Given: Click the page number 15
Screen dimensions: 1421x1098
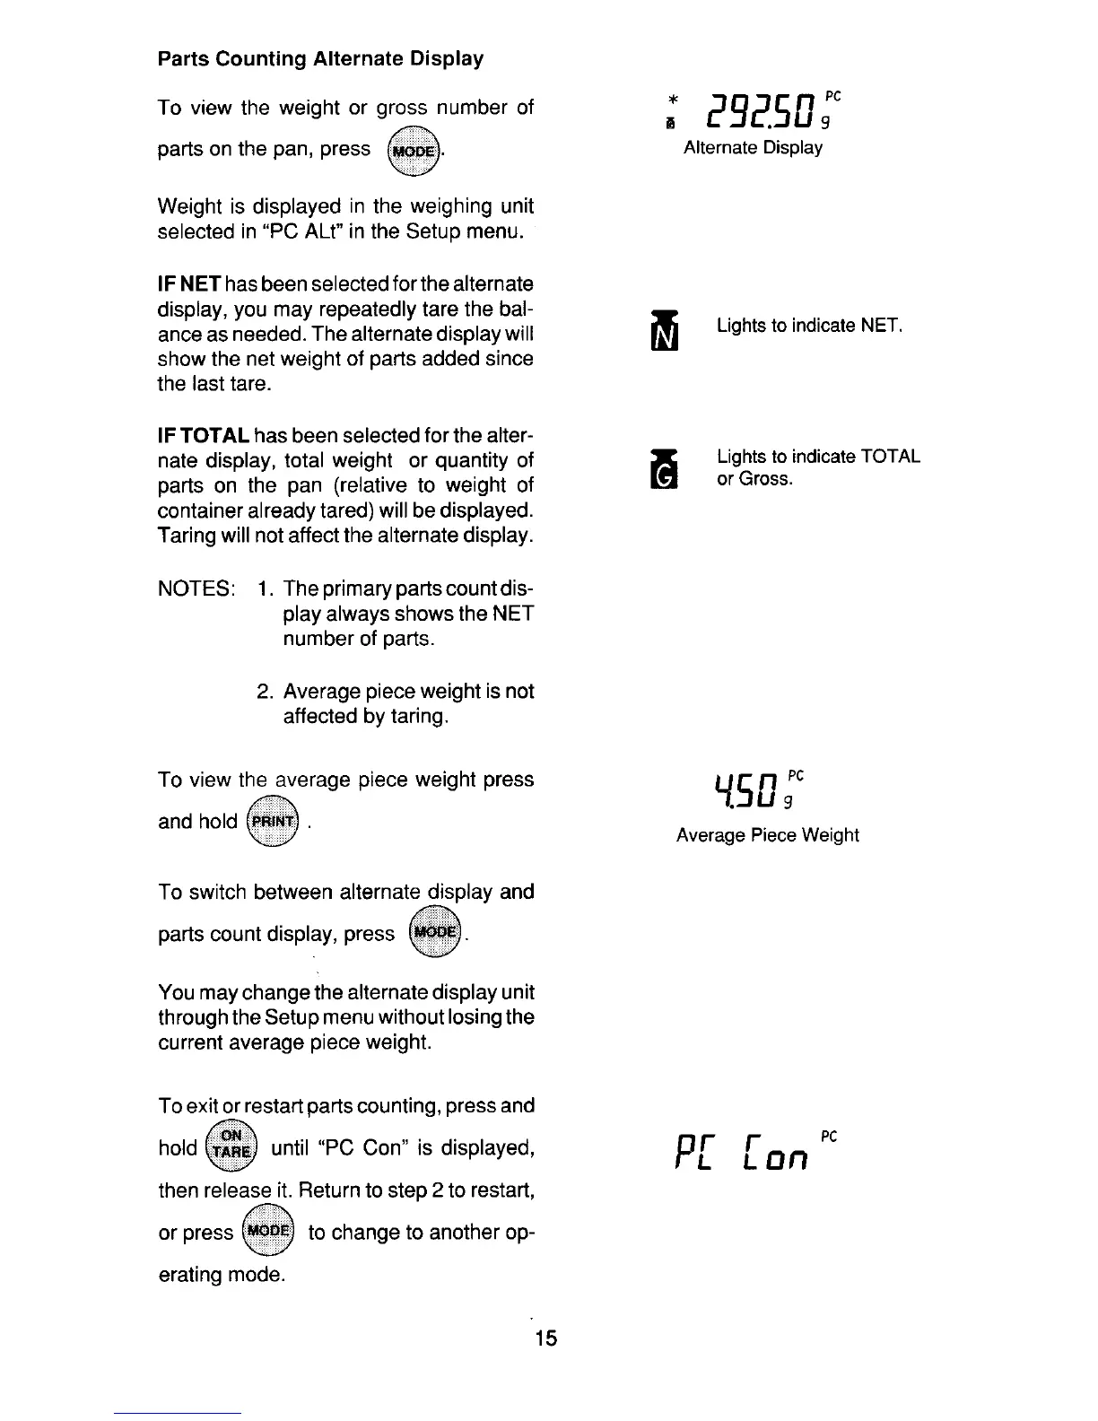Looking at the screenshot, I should tap(545, 1338).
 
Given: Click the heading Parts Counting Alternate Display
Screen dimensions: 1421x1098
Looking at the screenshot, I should tap(320, 59).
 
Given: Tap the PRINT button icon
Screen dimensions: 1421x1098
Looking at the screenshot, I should tap(273, 822).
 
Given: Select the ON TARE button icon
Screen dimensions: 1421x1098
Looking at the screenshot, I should tap(231, 1147).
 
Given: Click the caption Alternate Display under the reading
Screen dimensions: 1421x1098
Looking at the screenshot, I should tap(753, 148).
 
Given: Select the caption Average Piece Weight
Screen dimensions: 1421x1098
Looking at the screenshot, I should tap(767, 836).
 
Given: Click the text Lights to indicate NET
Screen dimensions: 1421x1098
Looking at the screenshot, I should tap(809, 326).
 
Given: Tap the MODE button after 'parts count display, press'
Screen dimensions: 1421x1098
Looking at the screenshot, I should tap(434, 934).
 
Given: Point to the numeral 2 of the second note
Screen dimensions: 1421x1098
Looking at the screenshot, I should tap(264, 692).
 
